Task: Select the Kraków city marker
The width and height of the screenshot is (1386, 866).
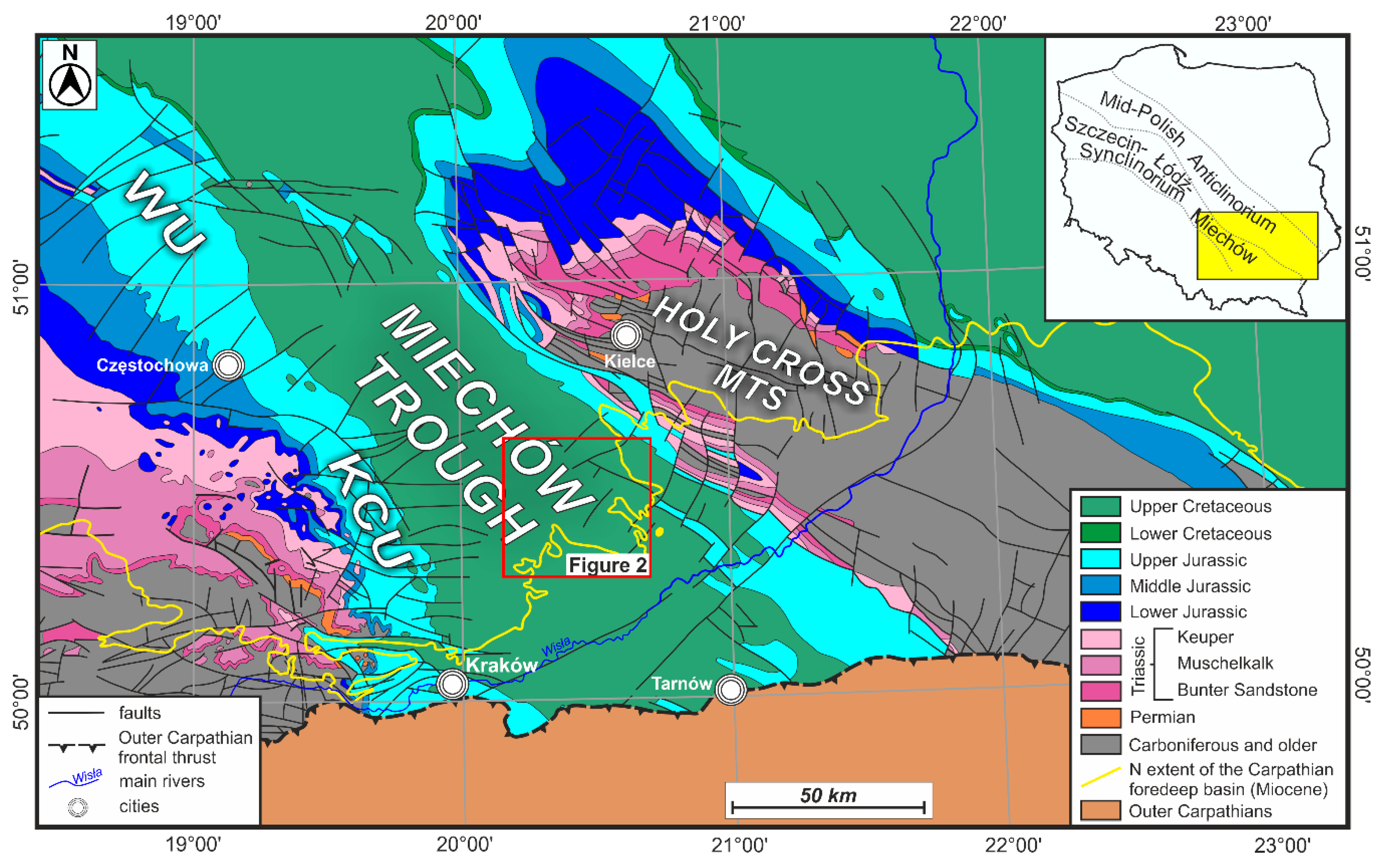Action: [452, 683]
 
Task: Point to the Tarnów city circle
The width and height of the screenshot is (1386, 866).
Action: [731, 690]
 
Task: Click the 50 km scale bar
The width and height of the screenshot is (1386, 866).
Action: [828, 807]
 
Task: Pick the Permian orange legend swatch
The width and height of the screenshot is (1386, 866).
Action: [1100, 717]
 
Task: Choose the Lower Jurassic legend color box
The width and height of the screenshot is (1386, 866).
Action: [1100, 612]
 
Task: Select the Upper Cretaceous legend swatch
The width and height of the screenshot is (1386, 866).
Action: [1100, 506]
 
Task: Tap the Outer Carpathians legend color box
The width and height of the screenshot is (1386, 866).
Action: [1100, 811]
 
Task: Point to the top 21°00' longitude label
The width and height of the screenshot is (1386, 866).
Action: [716, 24]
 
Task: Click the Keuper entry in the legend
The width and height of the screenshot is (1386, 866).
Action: [1205, 637]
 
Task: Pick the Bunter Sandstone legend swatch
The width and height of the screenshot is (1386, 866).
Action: [1100, 690]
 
